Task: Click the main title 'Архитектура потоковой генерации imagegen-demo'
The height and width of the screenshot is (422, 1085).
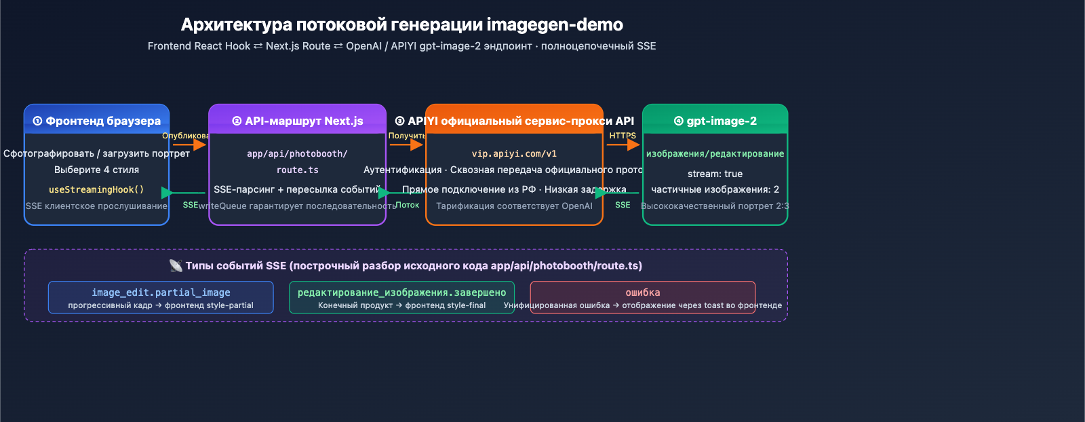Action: click(401, 25)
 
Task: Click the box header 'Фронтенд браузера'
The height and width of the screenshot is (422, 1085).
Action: click(97, 121)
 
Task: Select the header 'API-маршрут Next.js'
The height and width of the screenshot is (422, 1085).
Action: click(298, 121)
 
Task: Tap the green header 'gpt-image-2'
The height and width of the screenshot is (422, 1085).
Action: click(715, 121)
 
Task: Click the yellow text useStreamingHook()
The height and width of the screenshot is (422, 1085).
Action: click(96, 189)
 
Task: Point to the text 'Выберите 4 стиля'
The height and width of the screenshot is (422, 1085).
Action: click(96, 170)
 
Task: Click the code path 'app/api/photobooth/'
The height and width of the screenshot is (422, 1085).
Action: click(297, 154)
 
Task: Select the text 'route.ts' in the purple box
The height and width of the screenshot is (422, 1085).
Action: click(297, 170)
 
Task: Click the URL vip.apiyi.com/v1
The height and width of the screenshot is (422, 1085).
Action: click(514, 154)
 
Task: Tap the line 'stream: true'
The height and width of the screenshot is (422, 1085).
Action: click(715, 174)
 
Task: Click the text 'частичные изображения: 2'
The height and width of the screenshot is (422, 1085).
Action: click(715, 189)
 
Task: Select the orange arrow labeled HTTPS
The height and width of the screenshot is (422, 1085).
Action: click(623, 145)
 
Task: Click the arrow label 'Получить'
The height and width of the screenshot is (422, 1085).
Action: click(407, 136)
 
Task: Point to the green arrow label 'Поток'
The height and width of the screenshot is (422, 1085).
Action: click(408, 205)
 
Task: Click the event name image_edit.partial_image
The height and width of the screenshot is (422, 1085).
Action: click(161, 292)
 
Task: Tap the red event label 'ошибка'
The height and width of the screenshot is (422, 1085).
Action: click(642, 292)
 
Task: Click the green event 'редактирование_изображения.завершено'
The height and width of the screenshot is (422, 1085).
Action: click(401, 292)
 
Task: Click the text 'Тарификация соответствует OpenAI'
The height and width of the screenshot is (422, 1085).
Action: click(514, 206)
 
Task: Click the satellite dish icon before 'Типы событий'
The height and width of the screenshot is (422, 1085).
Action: click(176, 266)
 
